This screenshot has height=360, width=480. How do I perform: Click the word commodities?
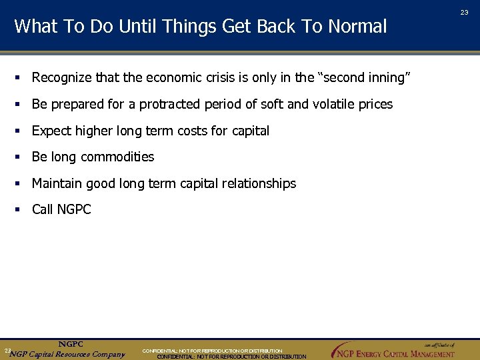click(x=117, y=157)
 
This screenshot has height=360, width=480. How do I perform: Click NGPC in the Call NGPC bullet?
click(x=74, y=209)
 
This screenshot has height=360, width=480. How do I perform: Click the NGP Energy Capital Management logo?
click(x=393, y=351)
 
